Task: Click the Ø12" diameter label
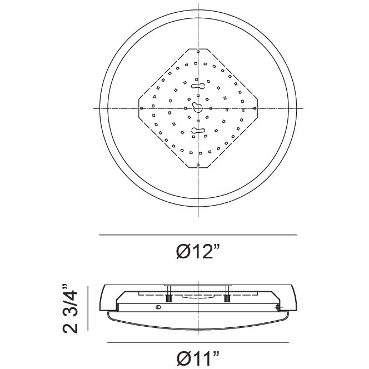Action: coord(198,252)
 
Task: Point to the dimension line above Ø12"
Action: coord(198,235)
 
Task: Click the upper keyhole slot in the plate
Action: coord(197,85)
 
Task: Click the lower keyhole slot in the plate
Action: coord(197,131)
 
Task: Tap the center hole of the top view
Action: coord(197,107)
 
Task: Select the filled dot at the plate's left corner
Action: coord(142,107)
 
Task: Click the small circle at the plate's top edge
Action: coord(197,52)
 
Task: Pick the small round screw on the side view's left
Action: coord(158,307)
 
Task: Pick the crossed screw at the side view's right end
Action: coord(278,307)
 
